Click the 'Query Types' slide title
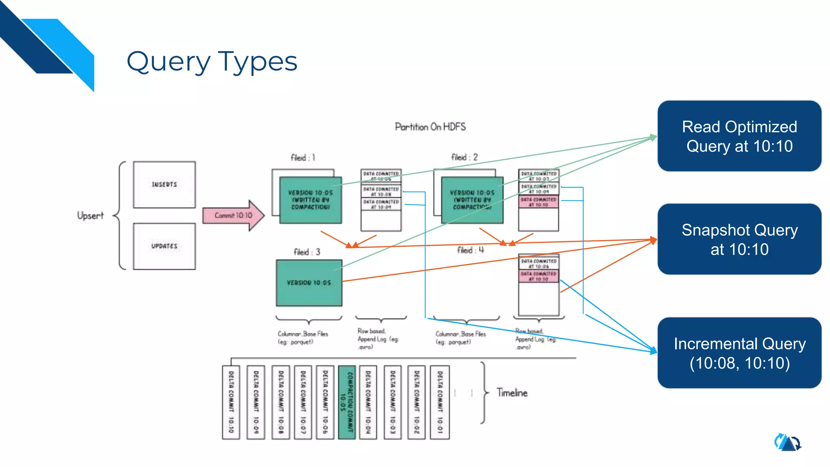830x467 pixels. point(212,62)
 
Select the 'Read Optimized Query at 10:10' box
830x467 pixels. point(739,136)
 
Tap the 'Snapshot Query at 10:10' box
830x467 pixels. point(739,239)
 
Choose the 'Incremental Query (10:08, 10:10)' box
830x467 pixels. point(739,353)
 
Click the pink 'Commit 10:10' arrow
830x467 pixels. point(233,215)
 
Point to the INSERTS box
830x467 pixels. point(164,185)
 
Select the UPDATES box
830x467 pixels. point(164,246)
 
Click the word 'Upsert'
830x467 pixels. point(90,216)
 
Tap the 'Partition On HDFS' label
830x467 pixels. point(430,127)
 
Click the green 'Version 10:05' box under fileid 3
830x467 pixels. point(309,283)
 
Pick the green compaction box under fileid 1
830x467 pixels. point(310,200)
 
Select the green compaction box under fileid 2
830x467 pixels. point(472,200)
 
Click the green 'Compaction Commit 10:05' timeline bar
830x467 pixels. point(347,402)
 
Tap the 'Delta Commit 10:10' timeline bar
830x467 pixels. point(231,402)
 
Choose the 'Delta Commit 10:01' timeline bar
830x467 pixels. point(440,402)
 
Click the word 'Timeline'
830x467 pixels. point(512,393)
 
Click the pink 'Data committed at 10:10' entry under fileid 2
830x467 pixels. point(539,202)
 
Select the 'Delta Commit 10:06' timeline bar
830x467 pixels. point(325,402)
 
